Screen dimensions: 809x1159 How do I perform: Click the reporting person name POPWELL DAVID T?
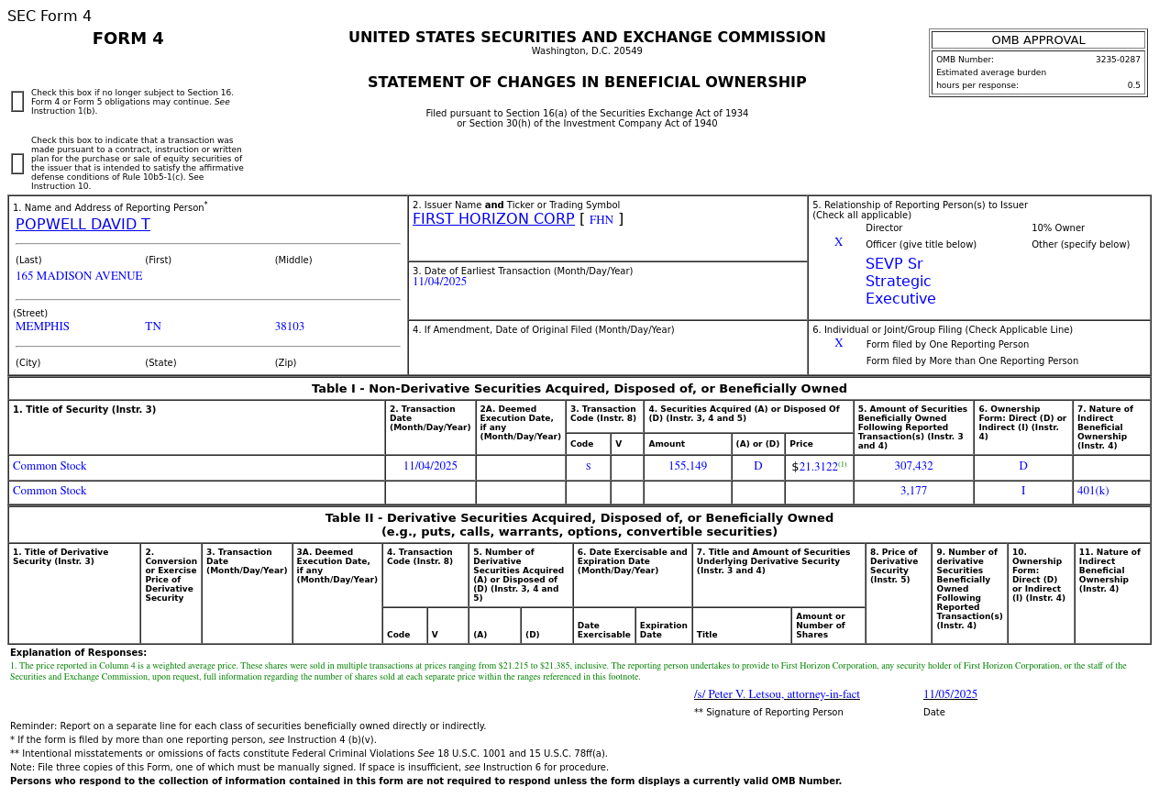click(83, 225)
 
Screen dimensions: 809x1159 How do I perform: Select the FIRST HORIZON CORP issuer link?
click(492, 219)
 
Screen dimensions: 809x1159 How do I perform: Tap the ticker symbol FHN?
click(601, 220)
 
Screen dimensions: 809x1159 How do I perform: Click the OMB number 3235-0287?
click(1117, 60)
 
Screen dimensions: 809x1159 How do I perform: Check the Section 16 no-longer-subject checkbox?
click(17, 102)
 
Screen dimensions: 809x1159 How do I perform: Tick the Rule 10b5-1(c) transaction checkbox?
click(17, 164)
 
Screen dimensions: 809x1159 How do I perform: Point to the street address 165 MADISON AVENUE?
click(79, 276)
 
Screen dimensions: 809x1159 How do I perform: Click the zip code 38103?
click(289, 327)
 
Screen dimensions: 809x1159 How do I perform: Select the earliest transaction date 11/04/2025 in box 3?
click(439, 282)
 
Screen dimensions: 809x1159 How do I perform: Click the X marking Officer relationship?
click(838, 243)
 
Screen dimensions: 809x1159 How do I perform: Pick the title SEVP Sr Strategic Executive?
click(900, 282)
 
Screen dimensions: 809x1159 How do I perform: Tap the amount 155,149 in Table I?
click(687, 466)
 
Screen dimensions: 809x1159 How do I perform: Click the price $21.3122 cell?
click(818, 467)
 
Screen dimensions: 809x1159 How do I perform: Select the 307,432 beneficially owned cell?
click(913, 466)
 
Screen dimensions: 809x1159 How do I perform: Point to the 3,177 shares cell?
click(913, 491)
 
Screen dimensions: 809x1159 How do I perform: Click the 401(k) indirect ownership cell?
click(1092, 491)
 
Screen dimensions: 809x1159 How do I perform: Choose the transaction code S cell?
click(588, 466)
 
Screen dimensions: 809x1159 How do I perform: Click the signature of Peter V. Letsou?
click(777, 694)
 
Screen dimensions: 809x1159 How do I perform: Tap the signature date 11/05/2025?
click(950, 694)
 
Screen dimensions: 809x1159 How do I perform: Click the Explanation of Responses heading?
click(78, 652)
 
